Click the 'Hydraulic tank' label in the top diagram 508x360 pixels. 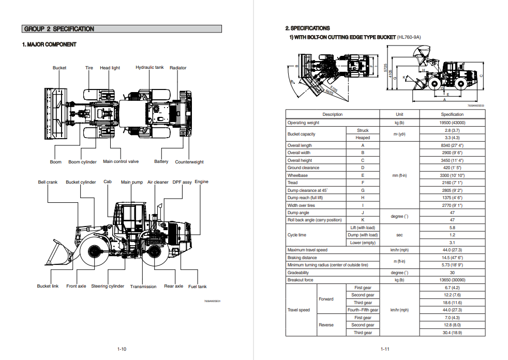coord(150,67)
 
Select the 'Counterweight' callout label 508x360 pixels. coord(189,162)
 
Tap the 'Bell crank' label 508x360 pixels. coord(48,182)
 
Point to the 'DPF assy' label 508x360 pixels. coord(182,182)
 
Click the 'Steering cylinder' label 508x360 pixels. coord(108,286)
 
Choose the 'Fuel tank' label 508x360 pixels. coord(197,287)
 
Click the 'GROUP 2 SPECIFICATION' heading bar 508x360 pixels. coord(122,29)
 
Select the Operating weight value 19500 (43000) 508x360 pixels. coord(452,123)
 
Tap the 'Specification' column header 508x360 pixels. coord(452,114)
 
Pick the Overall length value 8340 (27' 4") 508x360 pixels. coord(452,145)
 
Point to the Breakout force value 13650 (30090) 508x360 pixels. coord(452,280)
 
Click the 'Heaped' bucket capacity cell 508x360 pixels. coord(363,138)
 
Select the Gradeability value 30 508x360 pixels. coord(452,273)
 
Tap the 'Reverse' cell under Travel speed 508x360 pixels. coord(326,325)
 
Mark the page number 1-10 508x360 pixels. coord(122,349)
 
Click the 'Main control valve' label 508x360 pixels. coord(121,161)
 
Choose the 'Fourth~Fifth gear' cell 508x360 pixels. coord(363,310)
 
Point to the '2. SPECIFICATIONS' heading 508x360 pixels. coord(307,28)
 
